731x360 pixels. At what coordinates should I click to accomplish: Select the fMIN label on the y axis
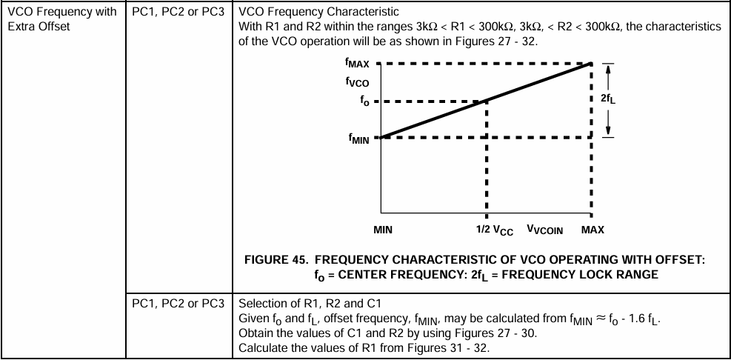(360, 138)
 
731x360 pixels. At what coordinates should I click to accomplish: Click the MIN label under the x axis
(383, 230)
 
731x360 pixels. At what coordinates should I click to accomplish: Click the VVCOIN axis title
(545, 230)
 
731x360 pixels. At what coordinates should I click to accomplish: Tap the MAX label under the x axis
(593, 230)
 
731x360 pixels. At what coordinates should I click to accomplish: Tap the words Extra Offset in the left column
(36, 27)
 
